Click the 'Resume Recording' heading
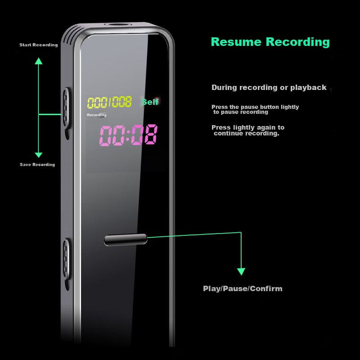[270, 42]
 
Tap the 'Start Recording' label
[39, 45]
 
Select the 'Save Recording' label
[37, 165]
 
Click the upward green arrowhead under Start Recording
[39, 61]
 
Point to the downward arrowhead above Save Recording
[39, 154]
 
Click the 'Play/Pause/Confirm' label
[243, 288]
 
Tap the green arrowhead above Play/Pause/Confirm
[241, 271]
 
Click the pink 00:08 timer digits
[128, 135]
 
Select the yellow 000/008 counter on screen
[109, 103]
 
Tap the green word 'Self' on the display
[150, 102]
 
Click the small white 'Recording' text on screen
[97, 115]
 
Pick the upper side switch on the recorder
[66, 108]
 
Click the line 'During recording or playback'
[269, 88]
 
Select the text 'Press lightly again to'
[248, 127]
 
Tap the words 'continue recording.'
[246, 133]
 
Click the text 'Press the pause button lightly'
[255, 107]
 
